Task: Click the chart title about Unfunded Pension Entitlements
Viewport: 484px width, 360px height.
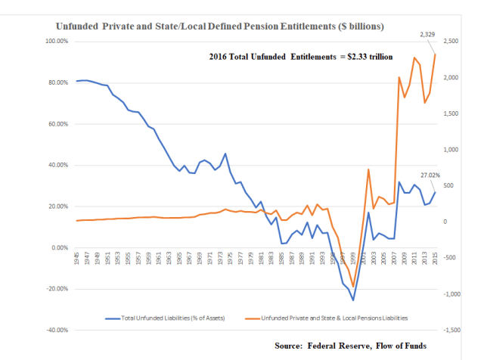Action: click(x=220, y=26)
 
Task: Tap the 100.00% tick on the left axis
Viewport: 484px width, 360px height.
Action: click(x=56, y=41)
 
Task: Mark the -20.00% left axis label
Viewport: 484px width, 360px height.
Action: click(x=57, y=289)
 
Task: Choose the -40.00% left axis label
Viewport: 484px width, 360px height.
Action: click(x=57, y=331)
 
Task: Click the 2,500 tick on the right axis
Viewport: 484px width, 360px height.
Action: click(x=452, y=41)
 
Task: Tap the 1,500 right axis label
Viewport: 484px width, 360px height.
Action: click(x=452, y=113)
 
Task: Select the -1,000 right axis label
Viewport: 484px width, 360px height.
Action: click(x=452, y=294)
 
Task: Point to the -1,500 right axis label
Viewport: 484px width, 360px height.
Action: click(x=452, y=331)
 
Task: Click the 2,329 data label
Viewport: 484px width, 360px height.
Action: click(x=429, y=35)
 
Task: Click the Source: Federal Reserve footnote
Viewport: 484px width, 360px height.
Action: click(x=351, y=346)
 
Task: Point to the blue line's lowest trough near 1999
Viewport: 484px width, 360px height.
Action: click(x=352, y=300)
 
